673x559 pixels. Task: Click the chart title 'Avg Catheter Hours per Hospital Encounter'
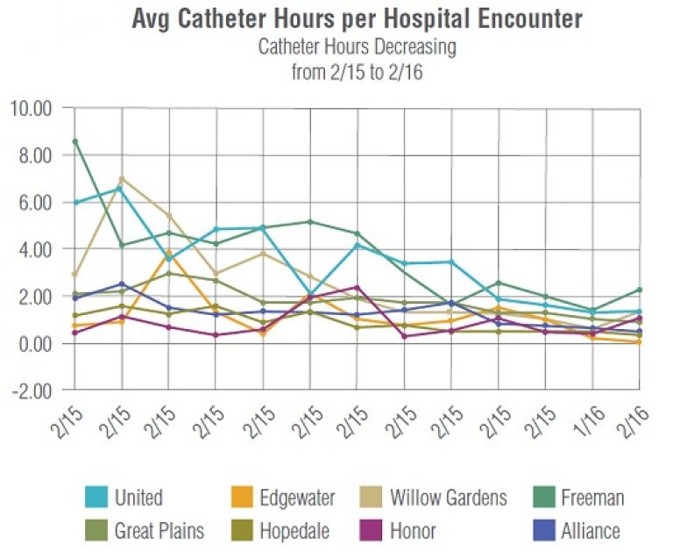pos(357,19)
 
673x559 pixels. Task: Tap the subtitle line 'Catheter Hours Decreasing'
pos(357,47)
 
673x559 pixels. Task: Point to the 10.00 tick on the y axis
pos(32,109)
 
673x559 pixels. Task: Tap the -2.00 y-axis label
pos(32,390)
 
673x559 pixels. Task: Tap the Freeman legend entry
pos(592,498)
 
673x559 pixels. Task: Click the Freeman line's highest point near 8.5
pos(75,141)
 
